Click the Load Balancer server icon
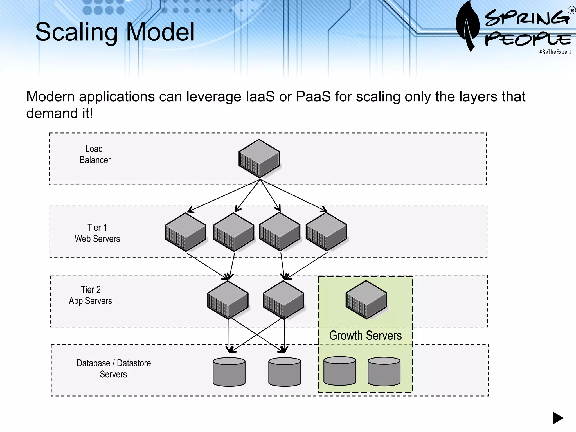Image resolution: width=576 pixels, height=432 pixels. tap(259, 158)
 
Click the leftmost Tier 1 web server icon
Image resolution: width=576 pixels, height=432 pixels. tap(185, 232)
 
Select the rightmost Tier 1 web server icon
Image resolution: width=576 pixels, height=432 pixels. tap(326, 231)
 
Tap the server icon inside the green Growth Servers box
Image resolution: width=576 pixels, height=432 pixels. tap(366, 300)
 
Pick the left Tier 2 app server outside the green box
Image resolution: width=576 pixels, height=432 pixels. tap(228, 300)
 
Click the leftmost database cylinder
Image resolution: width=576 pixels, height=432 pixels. tap(229, 372)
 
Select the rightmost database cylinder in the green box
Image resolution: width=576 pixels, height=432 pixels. tap(384, 371)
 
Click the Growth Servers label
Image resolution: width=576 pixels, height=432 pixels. tap(365, 336)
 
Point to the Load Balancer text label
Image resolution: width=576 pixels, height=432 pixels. tap(95, 154)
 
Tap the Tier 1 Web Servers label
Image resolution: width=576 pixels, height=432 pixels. tap(97, 233)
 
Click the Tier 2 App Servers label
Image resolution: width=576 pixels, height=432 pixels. tap(90, 295)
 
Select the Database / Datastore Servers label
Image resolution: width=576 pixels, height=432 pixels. tap(114, 369)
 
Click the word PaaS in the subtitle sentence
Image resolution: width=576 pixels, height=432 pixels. tap(313, 97)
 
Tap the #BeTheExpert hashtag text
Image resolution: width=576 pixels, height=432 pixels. tap(555, 52)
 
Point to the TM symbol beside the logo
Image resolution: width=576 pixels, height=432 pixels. tap(571, 11)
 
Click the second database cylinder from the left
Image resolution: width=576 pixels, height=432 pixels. tap(285, 372)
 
